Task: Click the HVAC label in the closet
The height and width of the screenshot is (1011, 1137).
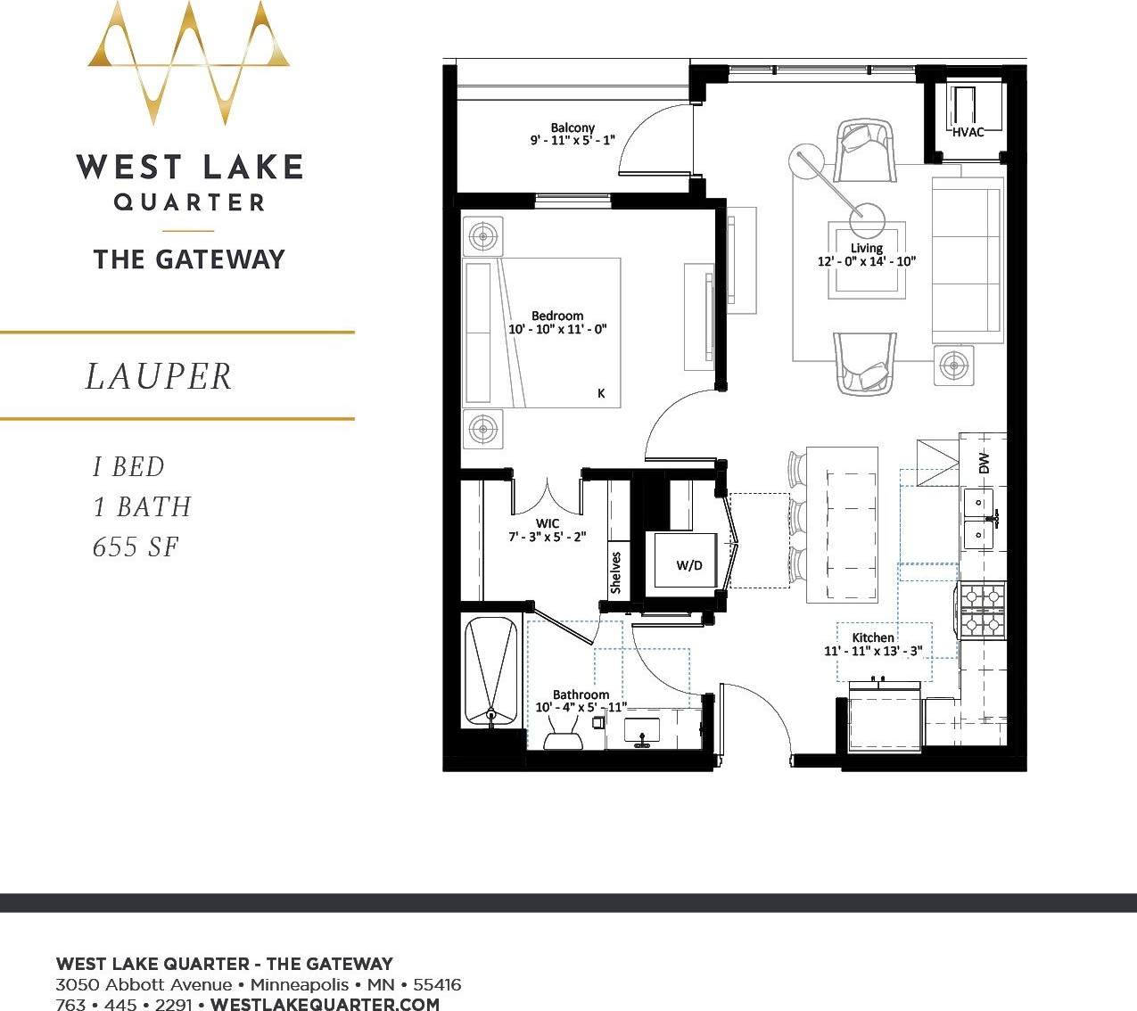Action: (968, 133)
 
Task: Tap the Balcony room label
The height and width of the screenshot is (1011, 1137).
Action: (573, 127)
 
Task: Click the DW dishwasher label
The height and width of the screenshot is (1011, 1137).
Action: (984, 464)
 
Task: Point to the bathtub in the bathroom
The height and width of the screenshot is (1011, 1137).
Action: (490, 671)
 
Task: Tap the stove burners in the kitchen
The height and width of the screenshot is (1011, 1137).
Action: (982, 611)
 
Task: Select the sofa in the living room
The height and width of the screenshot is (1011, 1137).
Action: (966, 259)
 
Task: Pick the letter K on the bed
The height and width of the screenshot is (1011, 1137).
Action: (601, 393)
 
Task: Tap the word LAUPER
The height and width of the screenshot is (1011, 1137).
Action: (159, 376)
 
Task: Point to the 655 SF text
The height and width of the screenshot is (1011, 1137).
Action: (136, 547)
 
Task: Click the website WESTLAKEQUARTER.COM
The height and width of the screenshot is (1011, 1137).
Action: (325, 1004)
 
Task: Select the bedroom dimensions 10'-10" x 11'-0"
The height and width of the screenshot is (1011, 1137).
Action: (557, 329)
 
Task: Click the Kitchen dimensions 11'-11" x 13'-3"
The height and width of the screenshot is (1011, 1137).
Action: (872, 651)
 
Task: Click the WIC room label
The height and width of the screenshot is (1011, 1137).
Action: (548, 523)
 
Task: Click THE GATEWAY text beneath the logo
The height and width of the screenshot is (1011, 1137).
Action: (189, 259)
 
